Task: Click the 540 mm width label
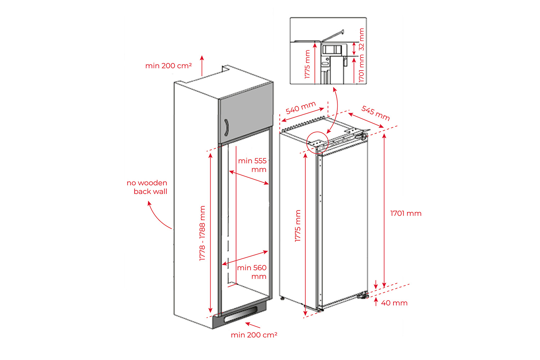(301, 107)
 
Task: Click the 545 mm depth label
(376, 113)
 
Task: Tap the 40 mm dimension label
(394, 303)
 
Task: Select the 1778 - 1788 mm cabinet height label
(202, 233)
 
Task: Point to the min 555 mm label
(252, 165)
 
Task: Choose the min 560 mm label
(252, 272)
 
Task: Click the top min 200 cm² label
(168, 66)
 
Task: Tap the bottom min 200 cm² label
(254, 335)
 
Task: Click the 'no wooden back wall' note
(147, 187)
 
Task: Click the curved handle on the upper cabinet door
(226, 128)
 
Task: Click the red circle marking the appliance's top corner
(318, 143)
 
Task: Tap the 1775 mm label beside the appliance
(298, 226)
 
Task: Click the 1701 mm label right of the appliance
(406, 213)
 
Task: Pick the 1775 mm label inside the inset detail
(307, 64)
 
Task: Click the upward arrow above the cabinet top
(202, 66)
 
